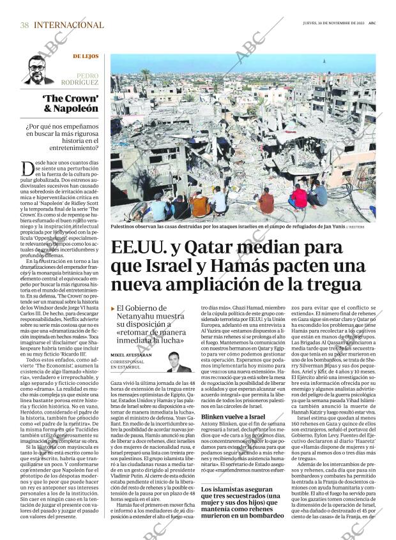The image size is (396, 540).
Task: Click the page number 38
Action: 24,25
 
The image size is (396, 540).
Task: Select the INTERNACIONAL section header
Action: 68,25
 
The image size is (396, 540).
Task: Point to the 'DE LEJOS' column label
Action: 86,57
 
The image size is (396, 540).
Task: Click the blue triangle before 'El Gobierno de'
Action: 113,308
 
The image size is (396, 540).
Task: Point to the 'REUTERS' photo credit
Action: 365,227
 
